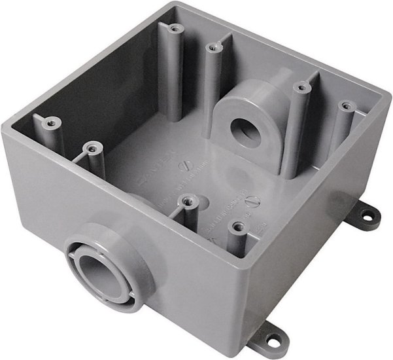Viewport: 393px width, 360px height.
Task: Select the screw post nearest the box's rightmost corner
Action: [x=344, y=105]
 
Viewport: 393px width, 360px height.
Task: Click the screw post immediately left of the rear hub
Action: [x=211, y=47]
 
